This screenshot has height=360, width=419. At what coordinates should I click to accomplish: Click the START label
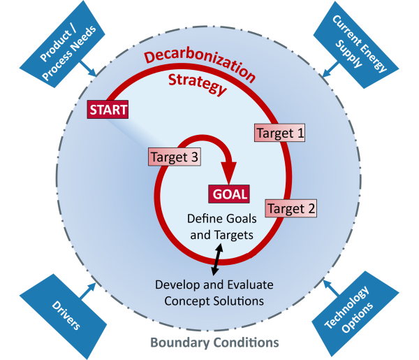pos(108,110)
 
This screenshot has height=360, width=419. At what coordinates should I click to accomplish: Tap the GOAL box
pos(228,194)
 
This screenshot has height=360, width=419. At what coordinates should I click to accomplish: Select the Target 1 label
pos(280,132)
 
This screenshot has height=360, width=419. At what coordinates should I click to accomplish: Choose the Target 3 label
pos(175,157)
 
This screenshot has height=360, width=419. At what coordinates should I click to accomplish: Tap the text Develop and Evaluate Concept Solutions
pos(214,292)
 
